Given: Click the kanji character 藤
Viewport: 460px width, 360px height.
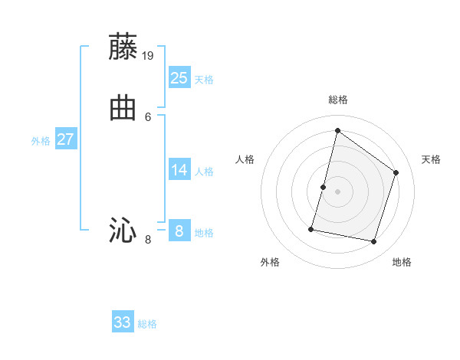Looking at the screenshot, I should tap(123, 47).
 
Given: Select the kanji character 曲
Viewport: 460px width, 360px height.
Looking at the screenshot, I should tap(123, 108).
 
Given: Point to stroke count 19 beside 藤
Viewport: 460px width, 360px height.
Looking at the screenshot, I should tap(148, 56).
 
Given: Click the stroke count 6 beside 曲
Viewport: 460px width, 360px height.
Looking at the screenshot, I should tap(148, 117).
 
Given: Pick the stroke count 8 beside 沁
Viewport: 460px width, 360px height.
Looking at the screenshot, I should tap(148, 240).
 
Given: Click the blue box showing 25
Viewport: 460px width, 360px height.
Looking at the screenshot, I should tap(179, 77).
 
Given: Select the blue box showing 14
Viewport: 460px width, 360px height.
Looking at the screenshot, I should tap(179, 169).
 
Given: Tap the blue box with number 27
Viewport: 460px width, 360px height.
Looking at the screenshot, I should tap(66, 139).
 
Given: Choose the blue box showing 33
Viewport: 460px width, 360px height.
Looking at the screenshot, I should tap(123, 322).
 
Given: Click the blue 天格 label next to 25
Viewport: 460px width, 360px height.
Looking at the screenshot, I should tap(204, 80).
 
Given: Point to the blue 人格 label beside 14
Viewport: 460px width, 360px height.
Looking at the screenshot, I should tap(204, 172).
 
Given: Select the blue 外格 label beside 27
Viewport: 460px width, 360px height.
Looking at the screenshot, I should tap(41, 141).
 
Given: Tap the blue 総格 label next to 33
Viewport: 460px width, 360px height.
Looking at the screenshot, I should tap(147, 324).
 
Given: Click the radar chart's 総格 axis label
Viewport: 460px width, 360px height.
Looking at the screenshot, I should tap(337, 100).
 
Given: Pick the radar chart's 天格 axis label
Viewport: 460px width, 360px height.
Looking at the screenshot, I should tap(431, 159).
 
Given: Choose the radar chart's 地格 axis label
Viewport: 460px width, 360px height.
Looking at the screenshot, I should tap(402, 262).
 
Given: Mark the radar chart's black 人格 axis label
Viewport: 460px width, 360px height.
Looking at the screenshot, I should tap(245, 159).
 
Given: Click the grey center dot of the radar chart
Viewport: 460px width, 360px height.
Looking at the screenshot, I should tap(337, 191).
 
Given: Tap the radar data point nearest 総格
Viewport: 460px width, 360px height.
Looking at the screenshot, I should tap(337, 130).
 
